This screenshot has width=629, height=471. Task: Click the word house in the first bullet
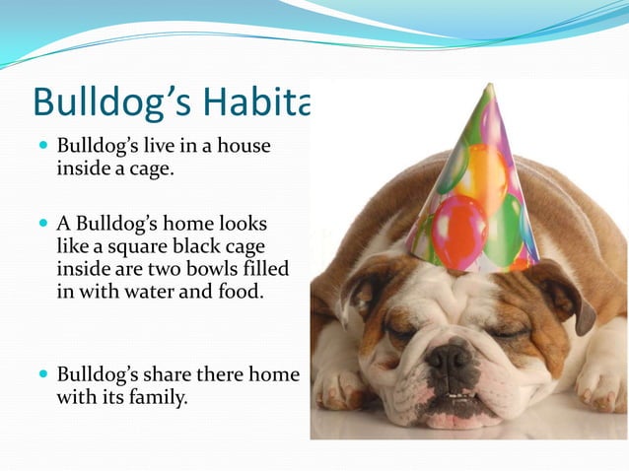[x=245, y=146]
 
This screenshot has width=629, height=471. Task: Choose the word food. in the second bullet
[x=240, y=292]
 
